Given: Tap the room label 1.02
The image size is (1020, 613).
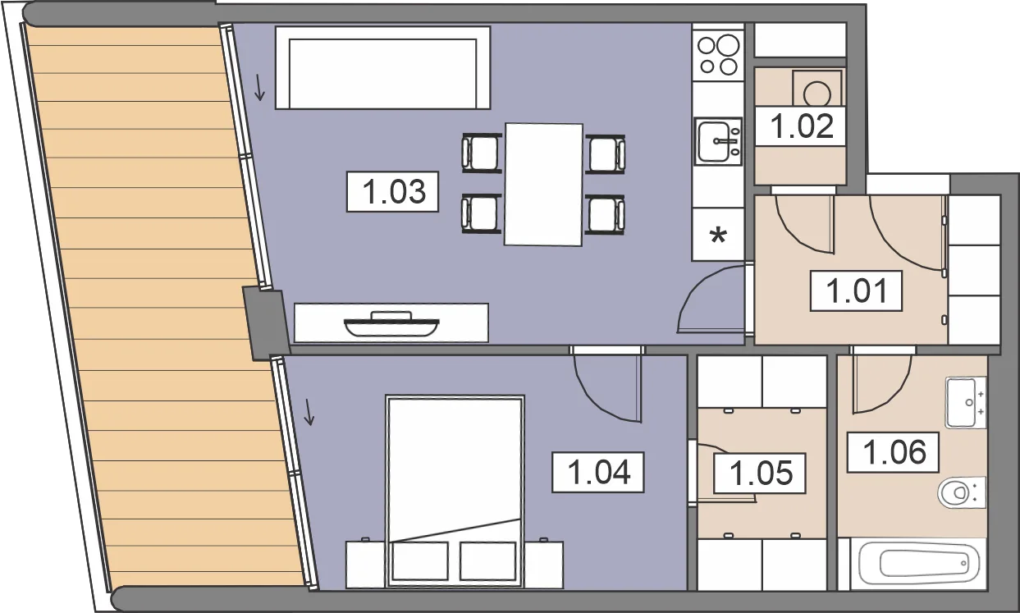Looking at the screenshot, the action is (x=801, y=126).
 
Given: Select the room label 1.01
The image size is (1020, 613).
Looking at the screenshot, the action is (x=856, y=291).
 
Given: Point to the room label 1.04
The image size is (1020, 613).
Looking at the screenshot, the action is (x=598, y=473).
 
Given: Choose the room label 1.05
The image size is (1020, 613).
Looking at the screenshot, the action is (x=760, y=473).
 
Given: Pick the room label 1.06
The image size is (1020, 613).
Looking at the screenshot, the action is (x=893, y=452).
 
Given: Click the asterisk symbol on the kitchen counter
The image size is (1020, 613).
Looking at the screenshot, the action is (x=718, y=236).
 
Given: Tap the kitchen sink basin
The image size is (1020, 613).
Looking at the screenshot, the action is (x=718, y=141).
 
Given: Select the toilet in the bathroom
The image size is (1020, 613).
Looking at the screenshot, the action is (x=962, y=492).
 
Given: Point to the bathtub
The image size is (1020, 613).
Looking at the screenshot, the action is (x=918, y=565).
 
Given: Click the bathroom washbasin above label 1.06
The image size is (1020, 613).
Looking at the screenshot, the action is (x=966, y=403).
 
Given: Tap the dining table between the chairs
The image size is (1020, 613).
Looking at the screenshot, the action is (x=544, y=185).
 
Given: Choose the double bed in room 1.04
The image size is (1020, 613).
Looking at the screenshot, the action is (x=455, y=492).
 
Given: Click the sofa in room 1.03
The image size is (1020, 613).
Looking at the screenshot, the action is (x=382, y=67).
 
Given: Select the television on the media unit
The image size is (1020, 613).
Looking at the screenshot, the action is (x=391, y=324).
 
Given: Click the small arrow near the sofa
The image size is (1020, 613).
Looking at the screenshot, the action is (x=259, y=88).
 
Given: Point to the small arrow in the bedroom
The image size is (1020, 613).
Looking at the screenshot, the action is (x=309, y=412).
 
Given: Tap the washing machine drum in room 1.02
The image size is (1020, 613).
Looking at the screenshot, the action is (x=817, y=94).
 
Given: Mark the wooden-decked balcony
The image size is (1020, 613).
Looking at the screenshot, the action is (x=164, y=305).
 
